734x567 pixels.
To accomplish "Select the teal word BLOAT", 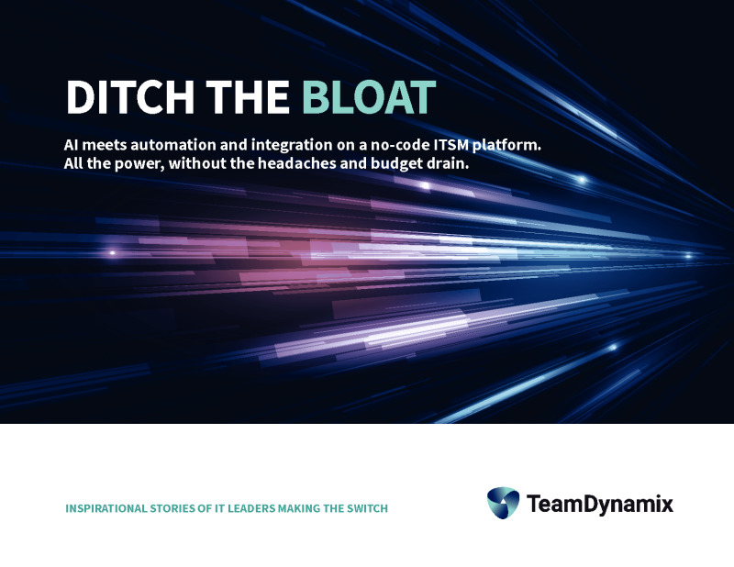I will (367, 97).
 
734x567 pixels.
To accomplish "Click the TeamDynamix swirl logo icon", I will (503, 503).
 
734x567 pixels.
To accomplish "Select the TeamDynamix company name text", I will (600, 504).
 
